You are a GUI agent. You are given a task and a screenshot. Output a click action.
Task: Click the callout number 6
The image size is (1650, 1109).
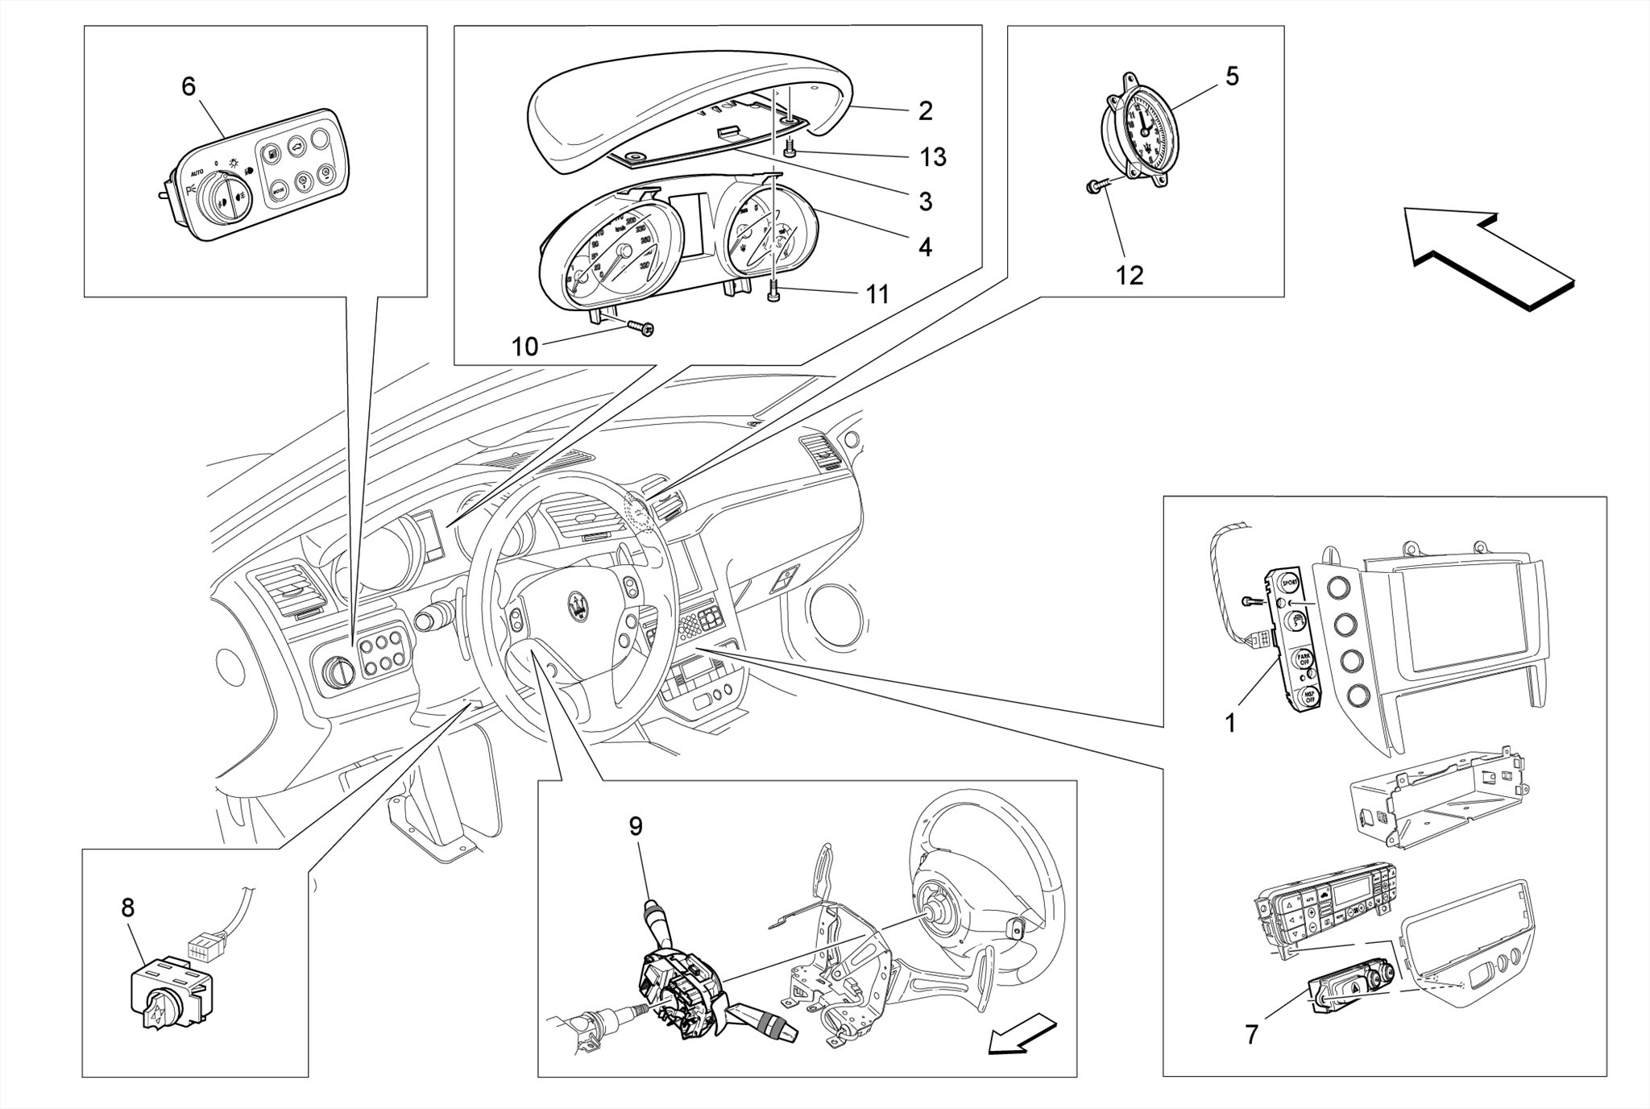coord(188,86)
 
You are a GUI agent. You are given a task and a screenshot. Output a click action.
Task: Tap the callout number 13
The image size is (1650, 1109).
coord(933,157)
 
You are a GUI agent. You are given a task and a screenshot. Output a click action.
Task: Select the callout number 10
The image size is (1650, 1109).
coord(524,347)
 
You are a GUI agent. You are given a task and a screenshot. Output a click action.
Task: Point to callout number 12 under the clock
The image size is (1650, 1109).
coord(1129,276)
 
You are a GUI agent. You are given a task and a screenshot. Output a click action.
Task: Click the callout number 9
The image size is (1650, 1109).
coord(636,826)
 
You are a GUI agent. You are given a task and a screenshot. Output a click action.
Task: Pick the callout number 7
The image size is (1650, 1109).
coord(1251,1035)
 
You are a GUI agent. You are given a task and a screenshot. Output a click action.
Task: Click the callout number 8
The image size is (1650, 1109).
coord(127,908)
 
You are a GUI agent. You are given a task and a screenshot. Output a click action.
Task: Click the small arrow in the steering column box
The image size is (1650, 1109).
coord(1022,1035)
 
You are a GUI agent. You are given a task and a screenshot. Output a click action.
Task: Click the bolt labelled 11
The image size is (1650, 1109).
coord(773,293)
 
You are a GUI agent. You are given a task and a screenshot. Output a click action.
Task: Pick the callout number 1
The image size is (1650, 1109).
coord(1230,724)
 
